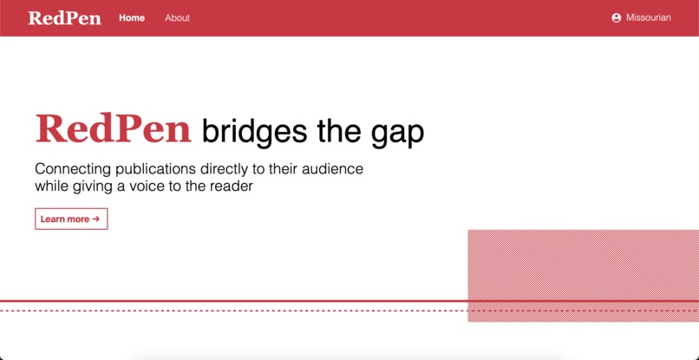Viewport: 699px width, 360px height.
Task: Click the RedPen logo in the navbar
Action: click(x=64, y=18)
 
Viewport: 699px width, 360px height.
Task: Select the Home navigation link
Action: click(x=132, y=18)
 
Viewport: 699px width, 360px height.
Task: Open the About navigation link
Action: click(x=177, y=18)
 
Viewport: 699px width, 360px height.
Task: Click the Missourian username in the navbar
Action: click(x=648, y=18)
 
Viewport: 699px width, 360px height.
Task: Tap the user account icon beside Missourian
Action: click(x=617, y=18)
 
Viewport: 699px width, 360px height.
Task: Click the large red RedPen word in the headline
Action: click(x=113, y=130)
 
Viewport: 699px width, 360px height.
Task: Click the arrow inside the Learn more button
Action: click(x=96, y=219)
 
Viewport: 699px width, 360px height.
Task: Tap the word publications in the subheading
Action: click(x=157, y=169)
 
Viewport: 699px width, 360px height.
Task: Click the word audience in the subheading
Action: click(x=331, y=169)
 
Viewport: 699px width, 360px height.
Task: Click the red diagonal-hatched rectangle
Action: click(x=583, y=276)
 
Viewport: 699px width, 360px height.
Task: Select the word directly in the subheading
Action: click(x=232, y=169)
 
